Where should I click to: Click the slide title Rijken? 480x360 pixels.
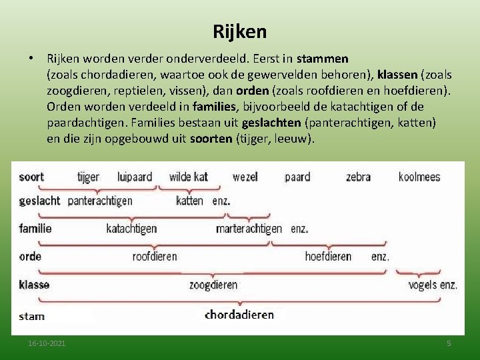tap(240, 31)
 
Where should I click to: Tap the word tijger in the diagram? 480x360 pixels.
tap(88, 177)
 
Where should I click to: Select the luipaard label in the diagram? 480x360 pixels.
tap(135, 177)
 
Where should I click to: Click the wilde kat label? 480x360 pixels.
tap(188, 177)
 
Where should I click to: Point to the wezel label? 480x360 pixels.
tap(245, 177)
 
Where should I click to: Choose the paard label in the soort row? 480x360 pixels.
tap(297, 177)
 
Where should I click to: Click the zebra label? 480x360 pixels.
tap(358, 177)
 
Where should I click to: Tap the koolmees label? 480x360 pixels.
tap(419, 177)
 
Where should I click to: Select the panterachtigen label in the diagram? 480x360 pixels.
tap(100, 201)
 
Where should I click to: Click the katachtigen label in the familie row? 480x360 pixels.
tap(131, 229)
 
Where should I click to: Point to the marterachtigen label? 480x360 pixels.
tap(249, 229)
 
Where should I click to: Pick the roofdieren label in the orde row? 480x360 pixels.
tap(155, 256)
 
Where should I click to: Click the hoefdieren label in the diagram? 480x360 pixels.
tap(328, 256)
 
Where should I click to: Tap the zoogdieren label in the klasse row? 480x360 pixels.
tap(213, 285)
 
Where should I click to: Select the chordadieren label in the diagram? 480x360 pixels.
tap(239, 315)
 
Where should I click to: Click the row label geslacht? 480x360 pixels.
tap(39, 201)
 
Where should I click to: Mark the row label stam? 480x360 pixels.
tap(31, 316)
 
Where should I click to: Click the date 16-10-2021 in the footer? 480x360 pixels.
tap(47, 343)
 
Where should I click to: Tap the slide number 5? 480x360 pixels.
tap(449, 343)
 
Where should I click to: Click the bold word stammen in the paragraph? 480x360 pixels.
tap(323, 59)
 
